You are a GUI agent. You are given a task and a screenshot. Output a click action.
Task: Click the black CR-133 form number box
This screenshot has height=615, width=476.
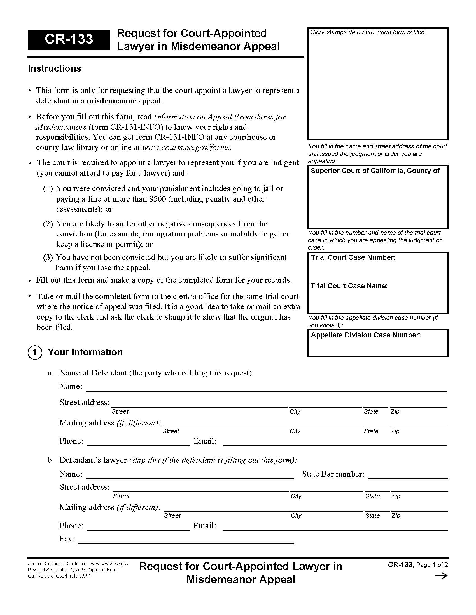click(x=69, y=40)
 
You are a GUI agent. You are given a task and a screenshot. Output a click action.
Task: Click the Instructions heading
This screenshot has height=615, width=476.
click(x=54, y=68)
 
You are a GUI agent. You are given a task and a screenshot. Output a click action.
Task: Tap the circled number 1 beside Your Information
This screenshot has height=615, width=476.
click(x=35, y=352)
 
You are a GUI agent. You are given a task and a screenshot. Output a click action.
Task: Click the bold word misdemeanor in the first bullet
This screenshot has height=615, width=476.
click(x=111, y=101)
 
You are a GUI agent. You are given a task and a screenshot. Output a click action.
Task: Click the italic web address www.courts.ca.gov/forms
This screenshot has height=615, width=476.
click(x=186, y=147)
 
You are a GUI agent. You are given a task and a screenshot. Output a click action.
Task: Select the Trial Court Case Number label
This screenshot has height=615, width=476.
click(x=353, y=257)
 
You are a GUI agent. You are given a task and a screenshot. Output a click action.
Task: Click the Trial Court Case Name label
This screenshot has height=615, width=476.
click(x=349, y=286)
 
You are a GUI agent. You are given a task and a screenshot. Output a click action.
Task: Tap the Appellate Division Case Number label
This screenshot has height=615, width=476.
click(x=365, y=335)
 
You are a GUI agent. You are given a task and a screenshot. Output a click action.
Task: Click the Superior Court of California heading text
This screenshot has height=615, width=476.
click(x=375, y=171)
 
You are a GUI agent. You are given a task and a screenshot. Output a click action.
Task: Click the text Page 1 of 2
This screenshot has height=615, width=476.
click(x=432, y=565)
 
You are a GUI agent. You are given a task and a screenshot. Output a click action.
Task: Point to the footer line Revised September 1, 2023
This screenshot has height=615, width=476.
click(x=73, y=570)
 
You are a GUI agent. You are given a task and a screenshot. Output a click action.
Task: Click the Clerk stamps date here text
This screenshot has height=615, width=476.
click(x=368, y=32)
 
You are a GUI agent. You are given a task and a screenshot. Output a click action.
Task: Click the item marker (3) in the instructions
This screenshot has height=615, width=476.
click(x=48, y=257)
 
